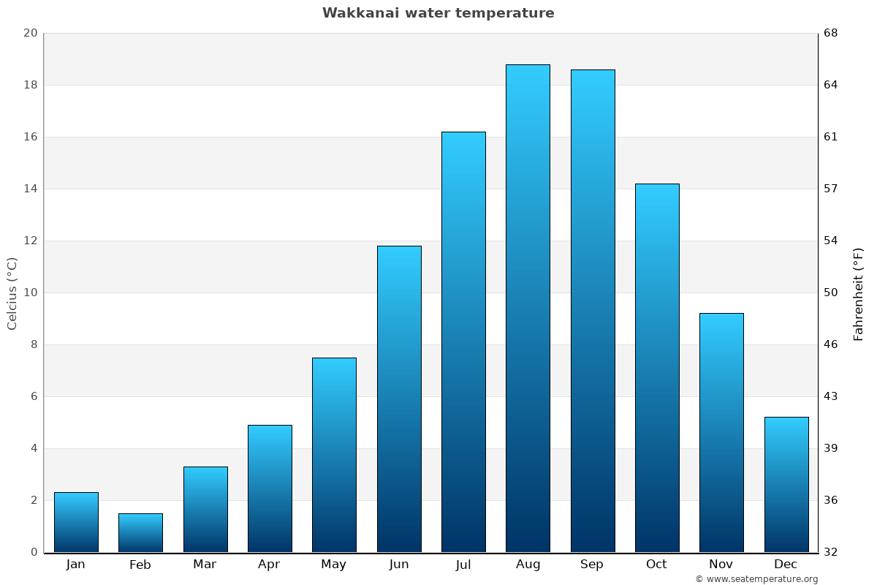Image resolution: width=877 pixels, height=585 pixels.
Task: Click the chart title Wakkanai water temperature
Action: pos(438,13)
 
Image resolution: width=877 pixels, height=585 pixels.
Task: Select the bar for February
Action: pos(140,533)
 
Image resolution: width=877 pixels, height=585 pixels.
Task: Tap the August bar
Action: pos(528,308)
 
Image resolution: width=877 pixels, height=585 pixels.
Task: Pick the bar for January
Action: pos(76,522)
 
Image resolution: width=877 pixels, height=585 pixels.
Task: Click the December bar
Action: pos(786,484)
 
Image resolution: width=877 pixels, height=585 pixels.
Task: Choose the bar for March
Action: pos(205,509)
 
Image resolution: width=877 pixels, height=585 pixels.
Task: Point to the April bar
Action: pos(270,488)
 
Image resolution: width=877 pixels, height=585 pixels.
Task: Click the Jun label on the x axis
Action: pos(399,565)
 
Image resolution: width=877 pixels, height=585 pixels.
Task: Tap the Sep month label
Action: pos(592,565)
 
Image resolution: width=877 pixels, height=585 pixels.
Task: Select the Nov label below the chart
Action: pos(721,565)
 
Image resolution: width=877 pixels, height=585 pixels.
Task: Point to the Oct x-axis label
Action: pos(656,565)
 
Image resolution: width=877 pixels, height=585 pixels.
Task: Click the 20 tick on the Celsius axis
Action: pos(30,33)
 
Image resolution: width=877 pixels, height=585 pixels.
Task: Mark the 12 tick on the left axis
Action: pos(30,241)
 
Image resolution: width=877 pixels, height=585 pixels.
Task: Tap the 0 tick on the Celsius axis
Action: pos(34,552)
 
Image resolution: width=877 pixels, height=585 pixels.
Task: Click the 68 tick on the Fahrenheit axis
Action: pos(832,33)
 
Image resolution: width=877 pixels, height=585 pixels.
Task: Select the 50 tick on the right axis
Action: pos(832,292)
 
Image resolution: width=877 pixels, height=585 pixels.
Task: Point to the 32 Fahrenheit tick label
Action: pos(832,552)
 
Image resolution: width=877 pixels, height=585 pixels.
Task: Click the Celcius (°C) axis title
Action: pos(12,293)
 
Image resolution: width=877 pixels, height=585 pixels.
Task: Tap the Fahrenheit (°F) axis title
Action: pos(859,293)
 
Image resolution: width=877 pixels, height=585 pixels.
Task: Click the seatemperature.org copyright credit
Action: pos(756,579)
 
